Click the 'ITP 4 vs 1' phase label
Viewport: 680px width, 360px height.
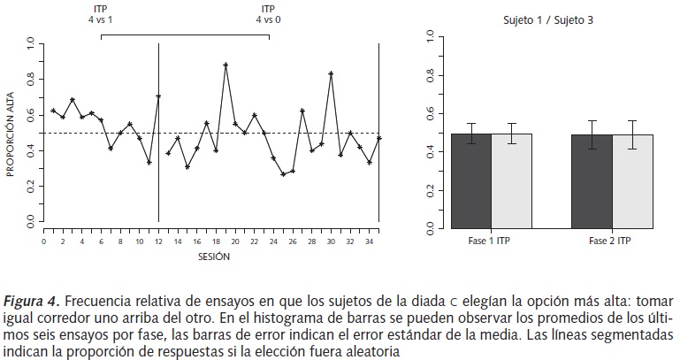[102, 12]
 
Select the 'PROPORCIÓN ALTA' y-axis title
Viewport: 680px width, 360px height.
[11, 131]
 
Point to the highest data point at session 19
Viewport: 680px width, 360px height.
[225, 65]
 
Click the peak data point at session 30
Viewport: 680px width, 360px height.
[331, 73]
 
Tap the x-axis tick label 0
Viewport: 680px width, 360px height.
[44, 241]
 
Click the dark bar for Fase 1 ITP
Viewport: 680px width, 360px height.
[471, 181]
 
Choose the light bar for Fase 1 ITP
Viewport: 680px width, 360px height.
[511, 181]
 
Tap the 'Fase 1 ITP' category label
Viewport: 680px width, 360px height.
[492, 241]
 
